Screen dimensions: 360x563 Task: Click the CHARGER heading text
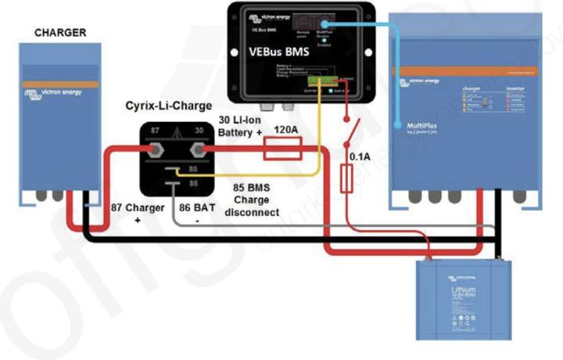59,33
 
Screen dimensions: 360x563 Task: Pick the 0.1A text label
360,157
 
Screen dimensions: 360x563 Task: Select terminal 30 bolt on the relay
198,148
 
